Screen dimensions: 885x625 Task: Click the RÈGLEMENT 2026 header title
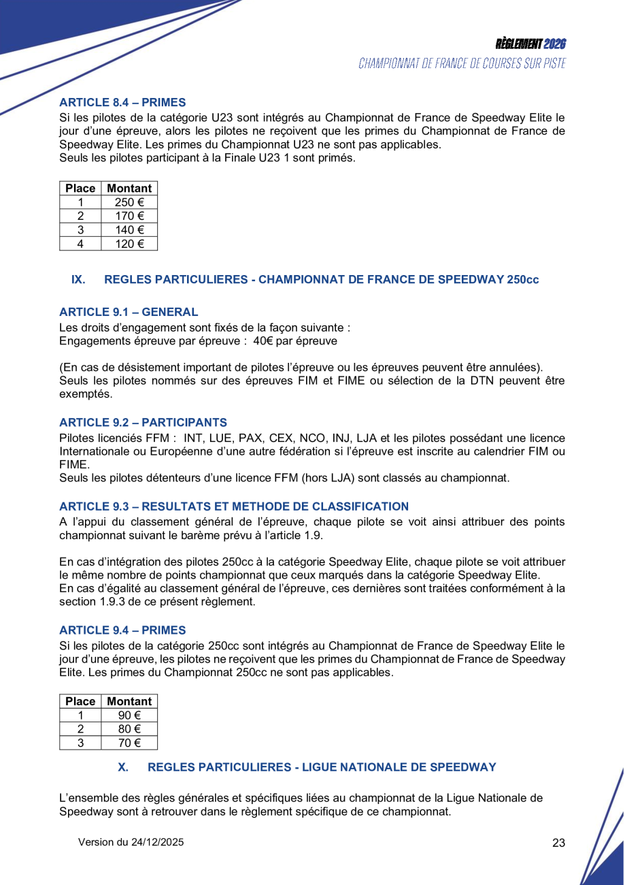pyautogui.click(x=530, y=44)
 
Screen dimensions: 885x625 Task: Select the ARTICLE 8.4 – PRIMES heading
pyautogui.click(x=122, y=103)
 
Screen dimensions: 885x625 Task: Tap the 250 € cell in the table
pyautogui.click(x=129, y=202)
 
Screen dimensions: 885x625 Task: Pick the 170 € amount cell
pyautogui.click(x=129, y=216)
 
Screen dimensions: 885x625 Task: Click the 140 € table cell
pyautogui.click(x=129, y=229)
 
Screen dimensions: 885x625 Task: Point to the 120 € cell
pyautogui.click(x=129, y=243)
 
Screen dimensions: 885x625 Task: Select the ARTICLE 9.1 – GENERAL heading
pyautogui.click(x=129, y=312)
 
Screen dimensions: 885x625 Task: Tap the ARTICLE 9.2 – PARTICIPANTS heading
pyautogui.click(x=143, y=423)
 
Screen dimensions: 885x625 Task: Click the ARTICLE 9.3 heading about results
pyautogui.click(x=234, y=506)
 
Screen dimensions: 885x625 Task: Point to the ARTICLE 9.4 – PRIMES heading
pyautogui.click(x=122, y=630)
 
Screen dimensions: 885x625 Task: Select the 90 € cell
pyautogui.click(x=129, y=715)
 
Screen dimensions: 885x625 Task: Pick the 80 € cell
pyautogui.click(x=129, y=729)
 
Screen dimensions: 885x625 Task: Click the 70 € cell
pyautogui.click(x=129, y=743)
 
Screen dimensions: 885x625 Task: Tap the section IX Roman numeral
pyautogui.click(x=78, y=280)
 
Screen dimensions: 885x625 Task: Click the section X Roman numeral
pyautogui.click(x=123, y=767)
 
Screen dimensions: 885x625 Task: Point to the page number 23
pyautogui.click(x=558, y=843)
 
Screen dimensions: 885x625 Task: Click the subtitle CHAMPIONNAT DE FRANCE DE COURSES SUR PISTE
pyautogui.click(x=462, y=64)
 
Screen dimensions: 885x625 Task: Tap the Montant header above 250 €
pyautogui.click(x=129, y=189)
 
